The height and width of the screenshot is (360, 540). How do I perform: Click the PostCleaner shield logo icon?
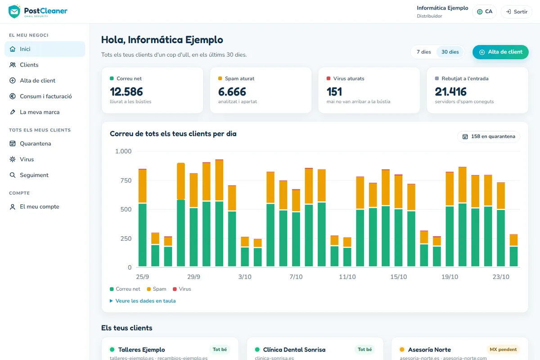click(x=14, y=11)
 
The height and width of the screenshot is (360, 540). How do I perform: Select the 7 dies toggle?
click(x=424, y=52)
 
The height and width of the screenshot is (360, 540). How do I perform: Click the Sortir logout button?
click(x=517, y=12)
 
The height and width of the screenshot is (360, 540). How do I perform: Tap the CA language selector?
click(x=485, y=12)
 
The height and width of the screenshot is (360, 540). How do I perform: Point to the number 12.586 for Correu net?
click(x=126, y=92)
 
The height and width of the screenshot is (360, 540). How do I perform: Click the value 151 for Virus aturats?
click(x=334, y=92)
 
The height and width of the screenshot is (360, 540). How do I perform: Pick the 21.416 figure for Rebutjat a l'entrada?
click(x=450, y=92)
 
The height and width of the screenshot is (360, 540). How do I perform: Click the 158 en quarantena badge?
click(x=489, y=136)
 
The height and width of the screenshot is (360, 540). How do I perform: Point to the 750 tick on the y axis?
click(x=126, y=180)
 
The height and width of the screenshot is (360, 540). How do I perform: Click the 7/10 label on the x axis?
click(x=296, y=277)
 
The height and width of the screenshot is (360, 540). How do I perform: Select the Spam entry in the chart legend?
click(x=157, y=289)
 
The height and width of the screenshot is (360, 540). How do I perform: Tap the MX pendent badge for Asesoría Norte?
click(x=503, y=349)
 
